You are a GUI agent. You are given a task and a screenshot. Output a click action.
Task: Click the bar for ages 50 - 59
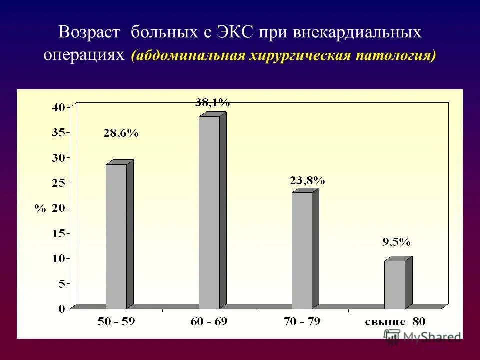[x=116, y=236]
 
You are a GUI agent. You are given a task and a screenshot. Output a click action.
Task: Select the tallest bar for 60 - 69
[x=209, y=212]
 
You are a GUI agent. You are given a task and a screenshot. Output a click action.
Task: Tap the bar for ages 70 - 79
[x=302, y=250]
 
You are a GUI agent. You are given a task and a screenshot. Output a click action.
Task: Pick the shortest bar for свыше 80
[x=395, y=284]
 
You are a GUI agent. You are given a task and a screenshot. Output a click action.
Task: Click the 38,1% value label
[x=212, y=103]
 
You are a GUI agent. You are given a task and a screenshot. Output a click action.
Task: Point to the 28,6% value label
[x=121, y=133]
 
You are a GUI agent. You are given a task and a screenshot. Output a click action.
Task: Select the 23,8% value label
[x=307, y=181]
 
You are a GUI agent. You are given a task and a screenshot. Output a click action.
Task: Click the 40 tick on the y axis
[x=59, y=107]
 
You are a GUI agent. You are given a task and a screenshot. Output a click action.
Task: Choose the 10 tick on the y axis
[x=59, y=259]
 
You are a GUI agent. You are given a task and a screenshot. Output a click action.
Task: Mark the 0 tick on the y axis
[x=62, y=309]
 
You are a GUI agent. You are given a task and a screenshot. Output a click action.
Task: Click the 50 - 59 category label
[x=116, y=322]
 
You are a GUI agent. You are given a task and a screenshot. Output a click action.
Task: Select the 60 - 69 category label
[x=209, y=322]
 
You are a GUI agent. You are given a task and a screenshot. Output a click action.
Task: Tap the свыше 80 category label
[x=395, y=322]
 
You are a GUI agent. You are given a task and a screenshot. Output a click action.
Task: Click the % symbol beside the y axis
[x=40, y=209]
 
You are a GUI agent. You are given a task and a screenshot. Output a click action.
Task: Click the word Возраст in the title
[x=90, y=33]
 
